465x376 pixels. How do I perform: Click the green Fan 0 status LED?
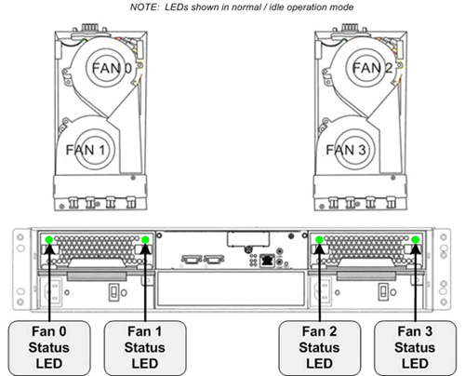[49, 239]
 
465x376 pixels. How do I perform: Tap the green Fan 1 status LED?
[145, 239]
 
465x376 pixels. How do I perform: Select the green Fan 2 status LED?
[319, 239]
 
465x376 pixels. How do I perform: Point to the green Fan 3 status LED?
[416, 239]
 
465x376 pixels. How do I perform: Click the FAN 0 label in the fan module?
[112, 68]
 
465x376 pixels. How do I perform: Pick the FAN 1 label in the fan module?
[86, 150]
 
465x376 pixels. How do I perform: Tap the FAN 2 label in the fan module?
[372, 68]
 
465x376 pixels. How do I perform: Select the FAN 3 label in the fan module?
[346, 150]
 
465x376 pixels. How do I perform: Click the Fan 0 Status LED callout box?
[49, 348]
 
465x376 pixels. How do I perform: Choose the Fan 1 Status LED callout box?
[145, 348]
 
